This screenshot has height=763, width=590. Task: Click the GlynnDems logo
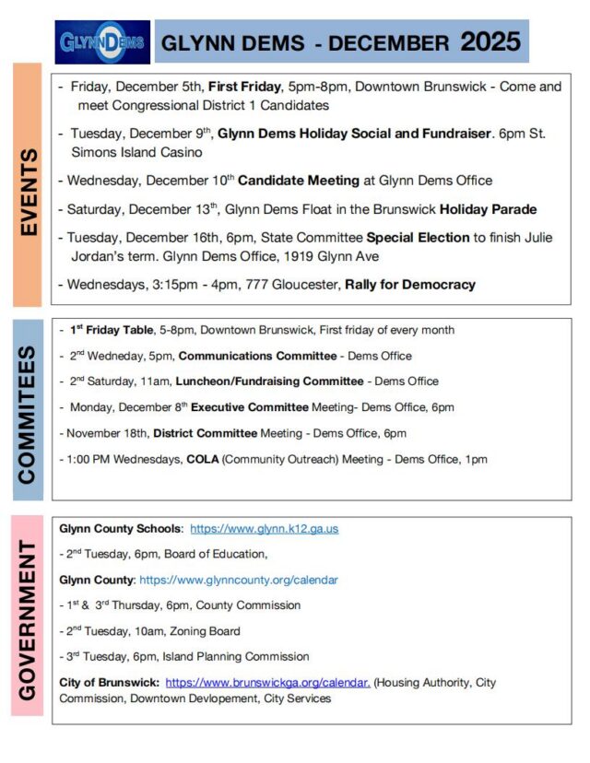[x=102, y=41]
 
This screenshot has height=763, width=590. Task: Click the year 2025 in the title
[x=490, y=41]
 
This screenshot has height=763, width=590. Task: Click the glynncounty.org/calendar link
[x=238, y=580]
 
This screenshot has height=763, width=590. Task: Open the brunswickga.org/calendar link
[x=267, y=683]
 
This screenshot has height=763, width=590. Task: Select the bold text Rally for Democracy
[x=410, y=285]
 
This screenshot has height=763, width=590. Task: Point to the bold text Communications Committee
[x=257, y=355]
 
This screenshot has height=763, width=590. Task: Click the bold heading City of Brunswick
[x=109, y=683]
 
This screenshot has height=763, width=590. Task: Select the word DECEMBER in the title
[x=388, y=43]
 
